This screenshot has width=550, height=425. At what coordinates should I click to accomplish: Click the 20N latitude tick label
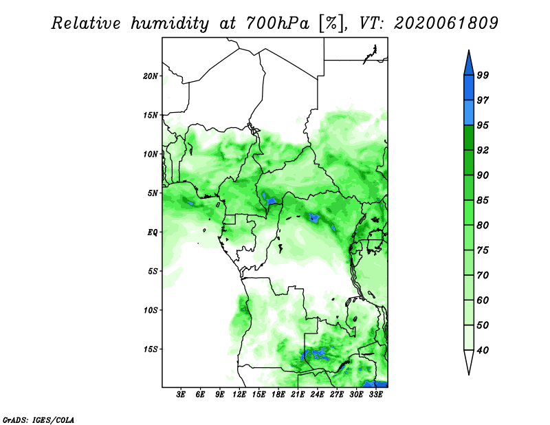tap(151, 76)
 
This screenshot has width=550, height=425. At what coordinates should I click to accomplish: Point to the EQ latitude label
tap(152, 232)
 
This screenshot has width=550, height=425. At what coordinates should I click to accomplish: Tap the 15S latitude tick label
tap(151, 349)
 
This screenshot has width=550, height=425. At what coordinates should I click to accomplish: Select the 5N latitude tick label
tap(153, 193)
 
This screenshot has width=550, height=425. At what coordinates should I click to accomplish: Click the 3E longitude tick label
tap(181, 395)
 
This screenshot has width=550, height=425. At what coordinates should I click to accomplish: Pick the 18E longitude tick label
tap(278, 395)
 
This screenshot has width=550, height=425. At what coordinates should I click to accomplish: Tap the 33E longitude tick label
tap(375, 395)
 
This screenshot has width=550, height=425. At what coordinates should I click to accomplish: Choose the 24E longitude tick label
tap(317, 395)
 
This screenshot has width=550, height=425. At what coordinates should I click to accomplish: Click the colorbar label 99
tap(483, 75)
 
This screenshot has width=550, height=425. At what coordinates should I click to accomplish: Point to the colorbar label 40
tap(483, 350)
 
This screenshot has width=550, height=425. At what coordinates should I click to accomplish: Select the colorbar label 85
tap(483, 200)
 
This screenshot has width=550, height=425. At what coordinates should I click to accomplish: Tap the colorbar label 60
tap(483, 300)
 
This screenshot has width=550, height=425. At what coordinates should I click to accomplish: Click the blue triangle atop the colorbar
tap(469, 65)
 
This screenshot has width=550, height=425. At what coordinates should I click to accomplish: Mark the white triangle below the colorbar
tap(469, 360)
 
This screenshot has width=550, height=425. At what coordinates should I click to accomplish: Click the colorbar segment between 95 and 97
tap(469, 113)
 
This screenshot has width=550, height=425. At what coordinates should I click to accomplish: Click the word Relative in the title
tap(87, 23)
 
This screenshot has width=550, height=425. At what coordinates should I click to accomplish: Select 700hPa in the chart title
tap(278, 23)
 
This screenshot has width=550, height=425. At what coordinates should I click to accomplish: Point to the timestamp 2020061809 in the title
tap(445, 23)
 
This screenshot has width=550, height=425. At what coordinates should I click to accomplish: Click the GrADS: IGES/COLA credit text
tap(38, 420)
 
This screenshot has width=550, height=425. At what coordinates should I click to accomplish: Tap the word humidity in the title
tap(170, 24)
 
